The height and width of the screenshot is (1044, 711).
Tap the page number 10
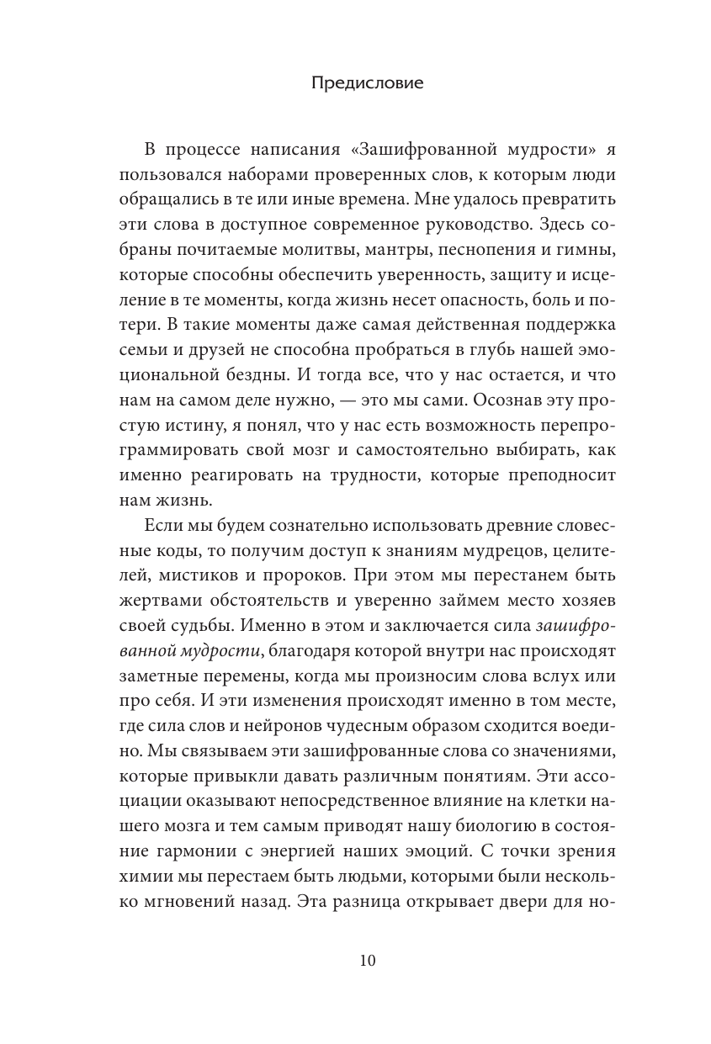coord(355,961)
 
